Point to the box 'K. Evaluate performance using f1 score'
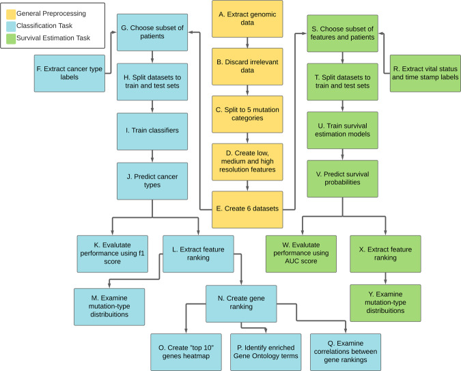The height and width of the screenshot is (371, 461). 113,254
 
